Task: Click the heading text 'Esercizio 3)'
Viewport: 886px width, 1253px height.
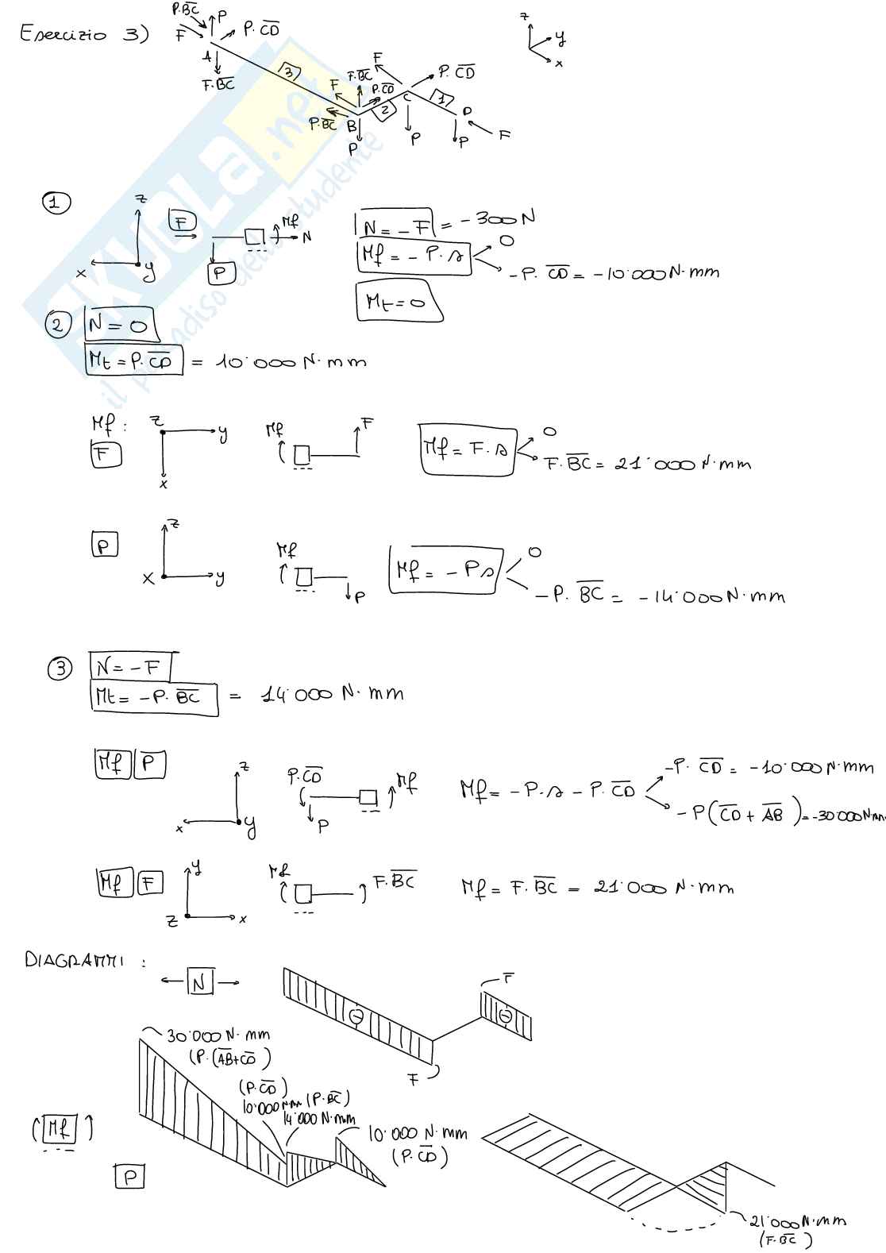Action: click(84, 36)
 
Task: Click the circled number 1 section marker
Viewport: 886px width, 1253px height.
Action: click(56, 202)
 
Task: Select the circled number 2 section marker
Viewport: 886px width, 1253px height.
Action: click(58, 326)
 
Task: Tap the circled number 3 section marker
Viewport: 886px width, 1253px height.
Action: click(60, 669)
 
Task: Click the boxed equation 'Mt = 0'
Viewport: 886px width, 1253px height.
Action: click(399, 301)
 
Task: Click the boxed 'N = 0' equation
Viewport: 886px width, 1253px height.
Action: click(120, 324)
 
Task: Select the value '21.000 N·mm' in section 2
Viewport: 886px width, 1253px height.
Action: click(682, 463)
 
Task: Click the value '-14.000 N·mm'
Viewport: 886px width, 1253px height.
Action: click(711, 596)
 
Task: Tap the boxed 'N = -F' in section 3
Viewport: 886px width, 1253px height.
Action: click(130, 666)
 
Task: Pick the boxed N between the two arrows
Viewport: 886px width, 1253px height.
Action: click(199, 983)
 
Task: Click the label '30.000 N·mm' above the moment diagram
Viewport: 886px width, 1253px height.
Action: click(218, 1035)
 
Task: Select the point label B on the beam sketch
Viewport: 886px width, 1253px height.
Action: click(352, 125)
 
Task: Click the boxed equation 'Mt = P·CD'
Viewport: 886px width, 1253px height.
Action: click(133, 360)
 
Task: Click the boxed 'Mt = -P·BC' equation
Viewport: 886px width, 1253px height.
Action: click(154, 698)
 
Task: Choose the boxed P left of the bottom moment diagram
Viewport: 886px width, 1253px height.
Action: click(129, 1176)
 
